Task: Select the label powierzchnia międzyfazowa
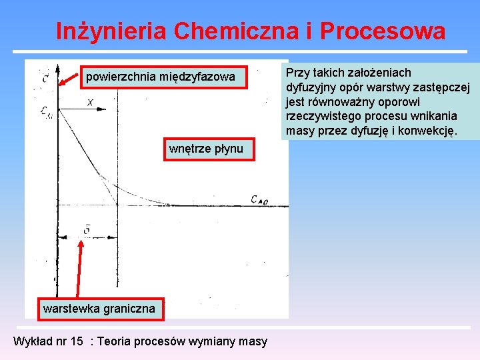tap(160, 77)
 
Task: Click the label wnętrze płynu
tap(206, 148)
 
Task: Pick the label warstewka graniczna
tap(99, 308)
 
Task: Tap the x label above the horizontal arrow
tap(90, 103)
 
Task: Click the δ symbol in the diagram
tap(87, 230)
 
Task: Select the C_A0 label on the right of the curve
tap(260, 199)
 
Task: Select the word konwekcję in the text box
tap(430, 131)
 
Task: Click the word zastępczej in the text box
tap(444, 87)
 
